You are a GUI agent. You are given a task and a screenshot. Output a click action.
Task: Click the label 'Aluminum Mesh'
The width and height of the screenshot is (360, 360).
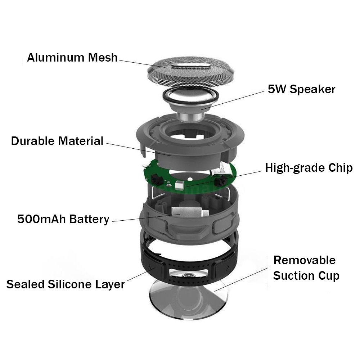point(72,57)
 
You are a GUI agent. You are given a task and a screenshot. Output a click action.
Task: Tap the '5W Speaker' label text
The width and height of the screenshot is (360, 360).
point(301,89)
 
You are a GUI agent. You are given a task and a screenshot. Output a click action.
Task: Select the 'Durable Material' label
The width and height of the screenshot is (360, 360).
point(57,141)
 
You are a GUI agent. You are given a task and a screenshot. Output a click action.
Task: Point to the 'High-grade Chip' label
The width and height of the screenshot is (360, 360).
point(309,168)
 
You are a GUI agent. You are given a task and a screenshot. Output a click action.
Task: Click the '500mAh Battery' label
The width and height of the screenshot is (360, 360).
point(63,219)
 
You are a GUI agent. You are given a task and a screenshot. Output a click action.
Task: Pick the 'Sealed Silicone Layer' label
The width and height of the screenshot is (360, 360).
point(66,284)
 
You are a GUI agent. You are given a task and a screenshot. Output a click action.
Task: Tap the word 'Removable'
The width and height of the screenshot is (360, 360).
point(305,260)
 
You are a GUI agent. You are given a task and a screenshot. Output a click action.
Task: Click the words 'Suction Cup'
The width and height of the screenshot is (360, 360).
point(306,275)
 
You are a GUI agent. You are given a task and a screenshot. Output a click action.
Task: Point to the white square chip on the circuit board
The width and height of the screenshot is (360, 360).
point(180,184)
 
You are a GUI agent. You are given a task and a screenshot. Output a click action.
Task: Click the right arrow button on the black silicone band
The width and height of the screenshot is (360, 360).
point(225,267)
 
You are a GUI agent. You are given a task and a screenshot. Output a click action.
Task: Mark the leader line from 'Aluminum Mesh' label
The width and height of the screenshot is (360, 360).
point(142,64)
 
